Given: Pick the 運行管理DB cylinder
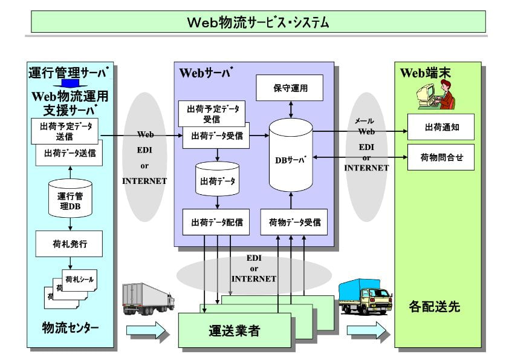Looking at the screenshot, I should [70, 198].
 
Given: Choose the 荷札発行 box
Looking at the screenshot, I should [70, 244].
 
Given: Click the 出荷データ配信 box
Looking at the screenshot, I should [217, 222].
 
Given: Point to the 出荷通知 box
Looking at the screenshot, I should [440, 126].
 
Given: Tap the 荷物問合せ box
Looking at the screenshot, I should [440, 157].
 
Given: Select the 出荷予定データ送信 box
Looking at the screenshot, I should [64, 131].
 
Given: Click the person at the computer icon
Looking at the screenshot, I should [436, 96].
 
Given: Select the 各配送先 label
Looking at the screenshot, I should [434, 306].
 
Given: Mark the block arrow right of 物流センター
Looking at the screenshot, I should [145, 330].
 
